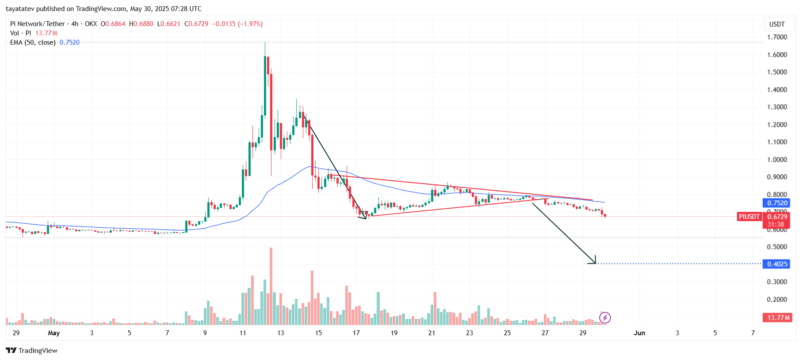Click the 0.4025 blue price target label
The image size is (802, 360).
pyautogui.click(x=777, y=264)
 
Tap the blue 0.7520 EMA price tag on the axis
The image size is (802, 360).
pyautogui.click(x=777, y=203)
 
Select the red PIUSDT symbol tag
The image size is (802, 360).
pyautogui.click(x=749, y=216)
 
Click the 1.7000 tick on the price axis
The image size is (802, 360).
pyautogui.click(x=777, y=37)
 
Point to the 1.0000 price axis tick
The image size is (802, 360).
pyautogui.click(x=777, y=160)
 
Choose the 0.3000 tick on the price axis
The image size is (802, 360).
pyautogui.click(x=777, y=282)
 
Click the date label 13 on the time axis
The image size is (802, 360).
pyautogui.click(x=280, y=333)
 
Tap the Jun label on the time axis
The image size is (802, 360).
pyautogui.click(x=639, y=333)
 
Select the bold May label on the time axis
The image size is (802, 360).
pyautogui.click(x=54, y=333)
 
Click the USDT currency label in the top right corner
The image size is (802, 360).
pyautogui.click(x=777, y=24)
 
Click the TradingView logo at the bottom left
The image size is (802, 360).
pyautogui.click(x=31, y=350)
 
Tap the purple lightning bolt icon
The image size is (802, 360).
pyautogui.click(x=605, y=318)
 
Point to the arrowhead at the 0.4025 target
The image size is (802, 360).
pyautogui.click(x=594, y=261)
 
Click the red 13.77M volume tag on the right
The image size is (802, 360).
pyautogui.click(x=777, y=318)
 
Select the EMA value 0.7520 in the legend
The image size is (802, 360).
pyautogui.click(x=69, y=42)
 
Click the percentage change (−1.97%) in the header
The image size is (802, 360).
pyautogui.click(x=250, y=24)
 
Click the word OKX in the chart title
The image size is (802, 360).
pyautogui.click(x=91, y=24)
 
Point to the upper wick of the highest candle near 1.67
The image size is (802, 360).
pyautogui.click(x=265, y=48)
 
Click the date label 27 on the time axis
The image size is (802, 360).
pyautogui.click(x=545, y=333)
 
